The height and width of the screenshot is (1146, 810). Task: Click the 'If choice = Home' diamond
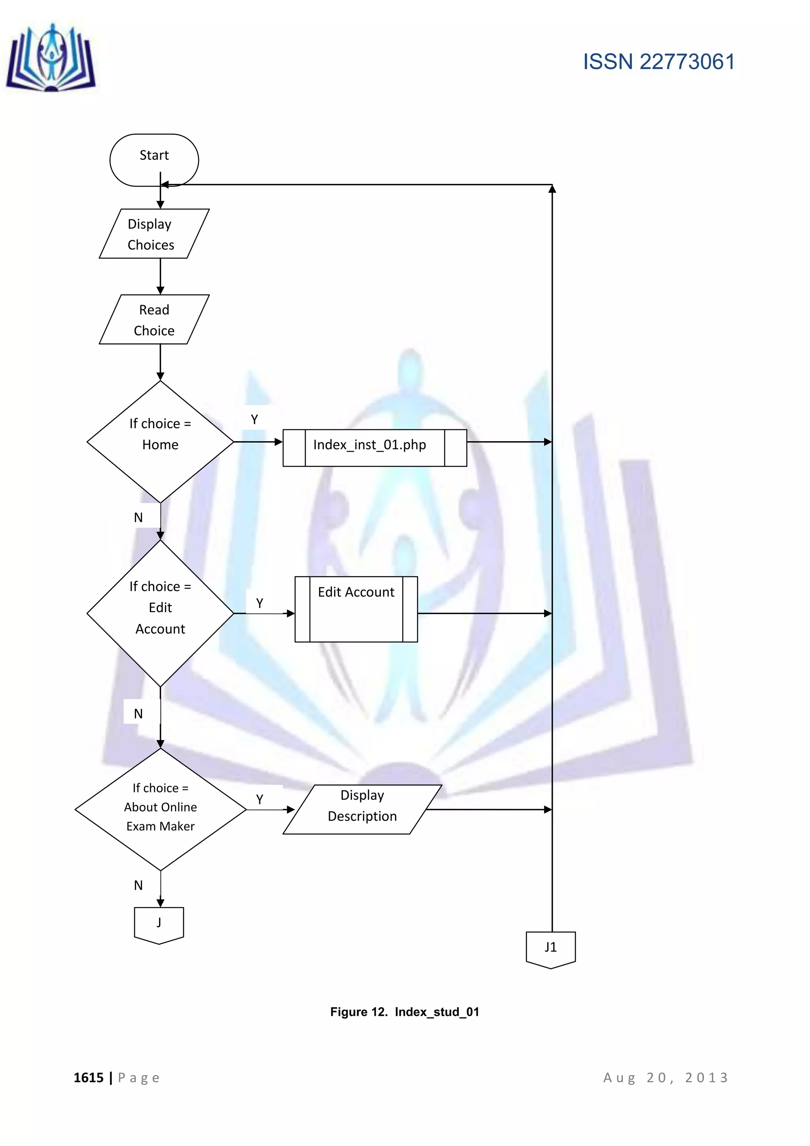160,442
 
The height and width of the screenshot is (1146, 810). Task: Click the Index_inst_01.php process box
375,448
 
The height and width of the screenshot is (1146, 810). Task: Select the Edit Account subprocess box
356,609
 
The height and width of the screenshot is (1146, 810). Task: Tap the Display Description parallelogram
362,809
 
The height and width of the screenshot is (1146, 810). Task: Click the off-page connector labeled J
159,925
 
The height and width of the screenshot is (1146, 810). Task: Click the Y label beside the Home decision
254,420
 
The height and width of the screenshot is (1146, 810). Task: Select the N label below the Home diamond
138,518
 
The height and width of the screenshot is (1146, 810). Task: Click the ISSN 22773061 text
659,62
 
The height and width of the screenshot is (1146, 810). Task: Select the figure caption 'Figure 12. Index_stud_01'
405,1012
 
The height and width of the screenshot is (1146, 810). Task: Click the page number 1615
89,1078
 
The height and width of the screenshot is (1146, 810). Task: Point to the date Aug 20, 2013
666,1078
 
